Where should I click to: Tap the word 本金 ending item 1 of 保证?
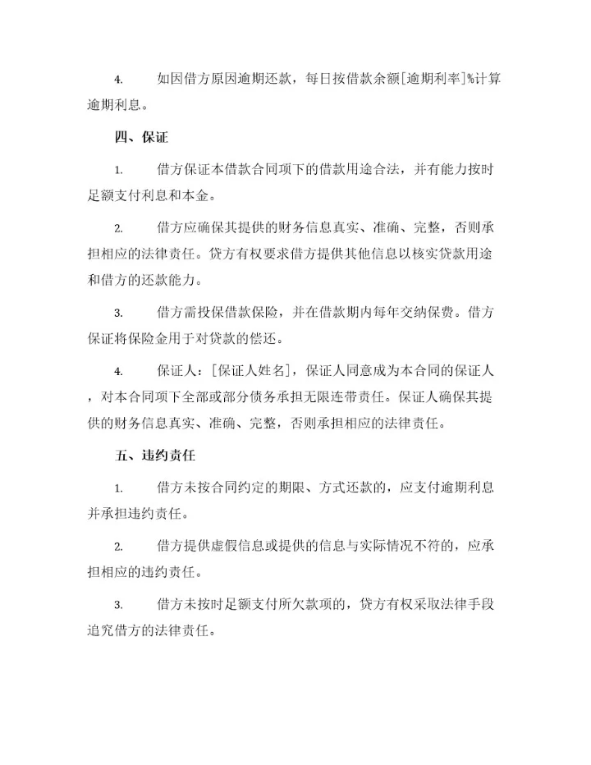(x=199, y=196)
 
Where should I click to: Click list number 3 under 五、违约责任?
(x=118, y=606)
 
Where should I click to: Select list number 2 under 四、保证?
(x=118, y=228)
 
